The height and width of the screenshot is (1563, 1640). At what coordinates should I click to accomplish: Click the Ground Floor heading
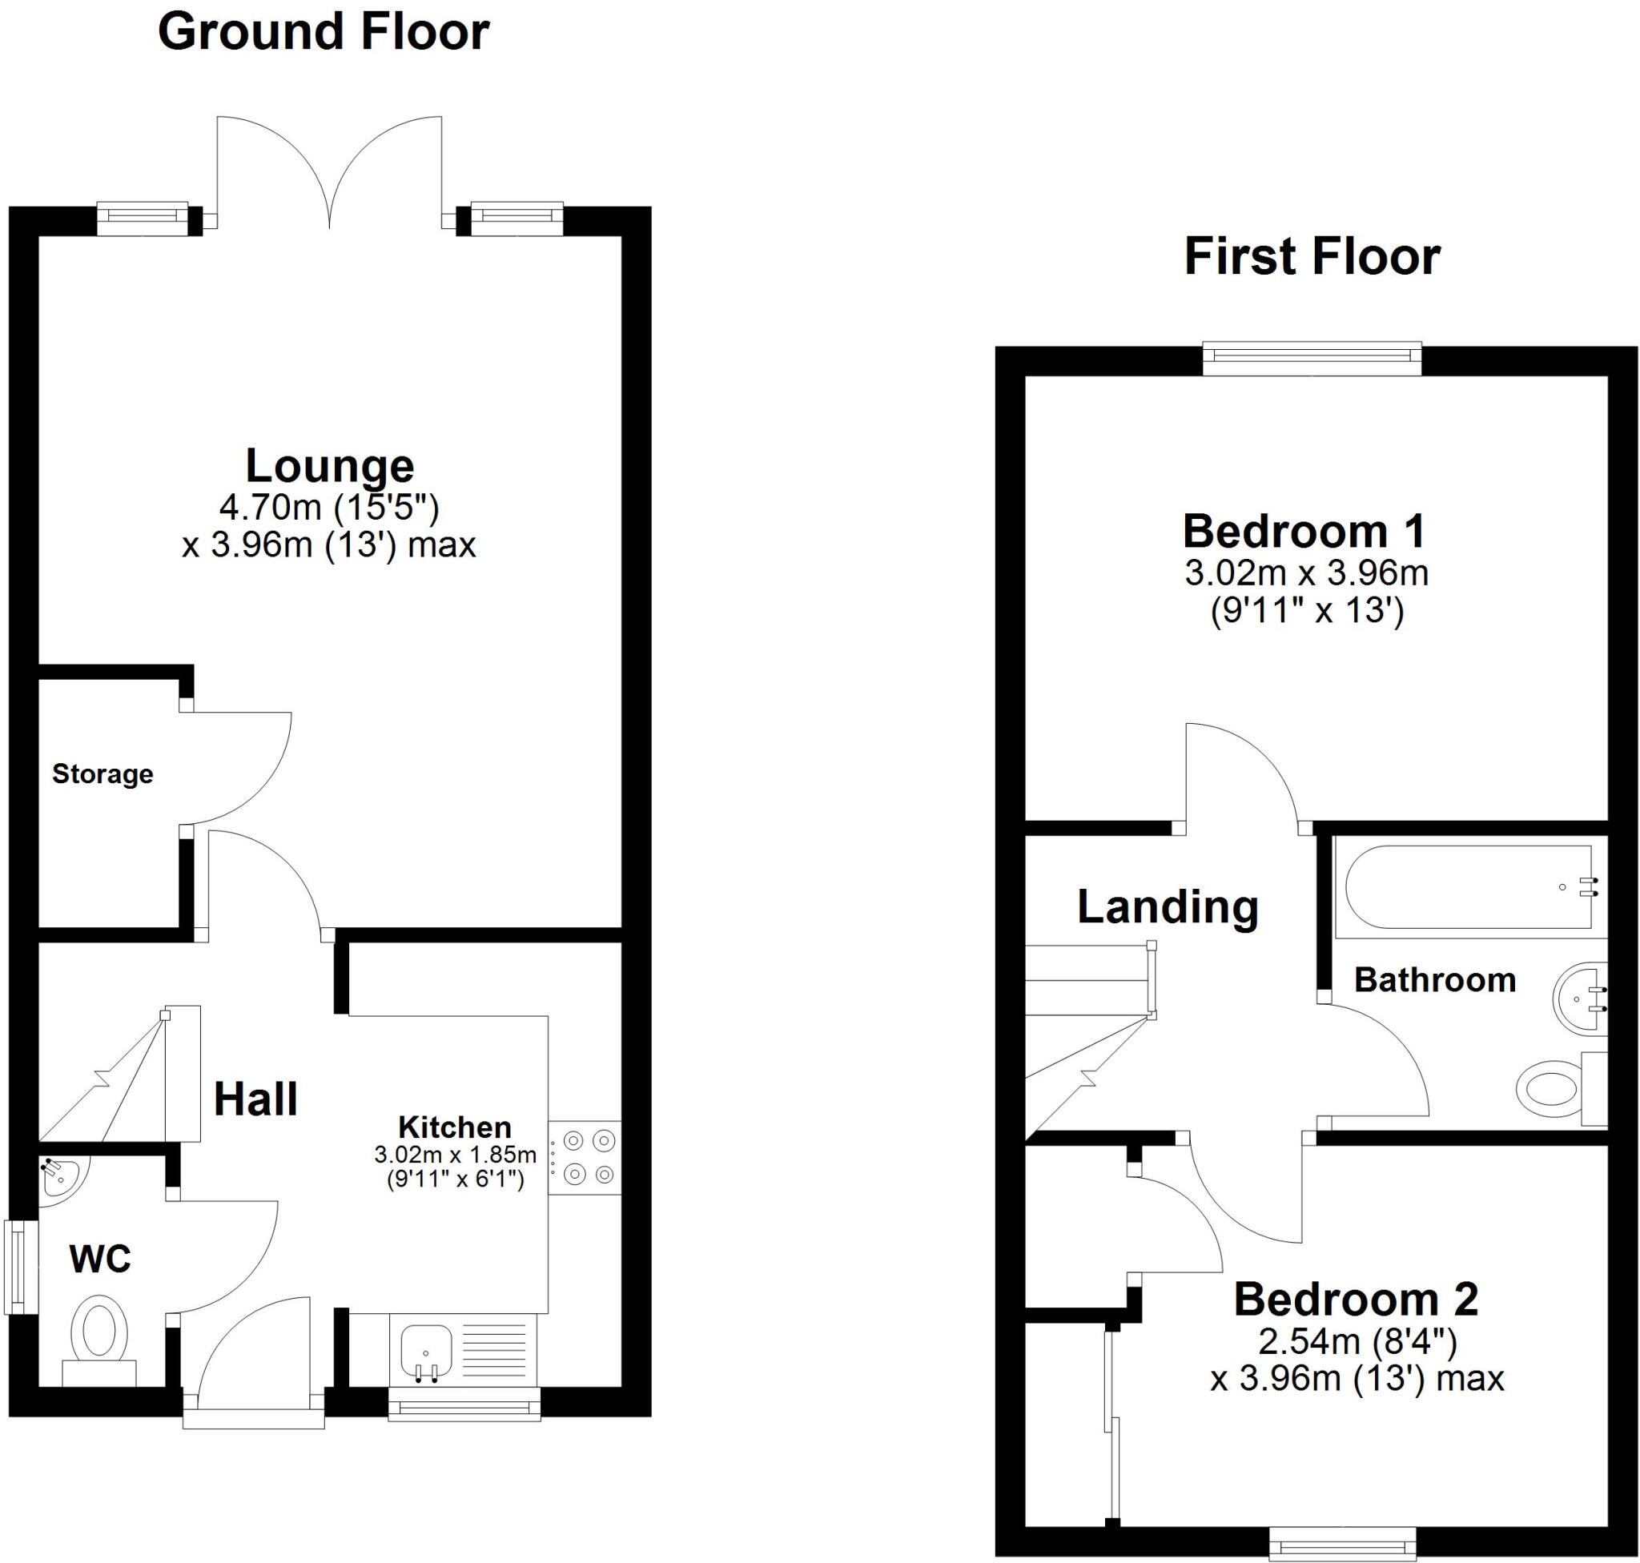point(324,33)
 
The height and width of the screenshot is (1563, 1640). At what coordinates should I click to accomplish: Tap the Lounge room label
point(329,466)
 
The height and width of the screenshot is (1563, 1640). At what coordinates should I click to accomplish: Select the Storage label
point(102,774)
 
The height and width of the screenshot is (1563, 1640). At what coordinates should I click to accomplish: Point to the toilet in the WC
point(99,1334)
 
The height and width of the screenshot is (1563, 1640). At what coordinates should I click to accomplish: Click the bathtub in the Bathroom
point(1463,887)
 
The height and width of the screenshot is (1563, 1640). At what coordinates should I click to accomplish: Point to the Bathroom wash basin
point(1578,999)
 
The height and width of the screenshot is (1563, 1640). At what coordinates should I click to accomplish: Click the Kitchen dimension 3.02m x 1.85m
point(455,1155)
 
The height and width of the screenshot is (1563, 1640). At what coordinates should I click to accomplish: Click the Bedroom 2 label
point(1356,1300)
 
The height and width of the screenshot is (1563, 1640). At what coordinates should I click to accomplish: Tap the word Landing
point(1167,906)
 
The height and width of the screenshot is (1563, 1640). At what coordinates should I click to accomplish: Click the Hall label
point(255,1099)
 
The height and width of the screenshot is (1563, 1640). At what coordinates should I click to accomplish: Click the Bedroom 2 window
point(1341,1544)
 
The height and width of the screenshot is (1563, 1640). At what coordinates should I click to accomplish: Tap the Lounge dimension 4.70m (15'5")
point(329,507)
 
